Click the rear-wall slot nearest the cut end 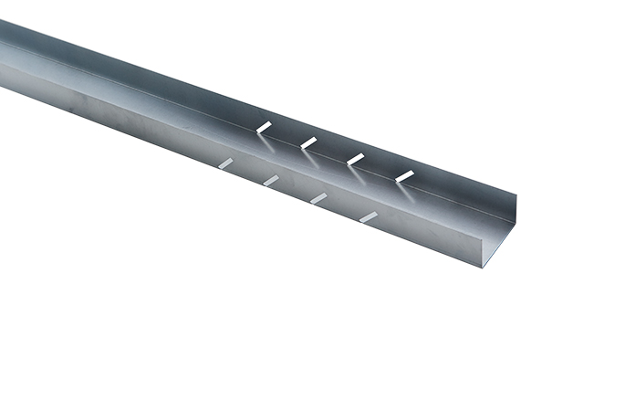click(404, 174)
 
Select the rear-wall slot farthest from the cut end click(264, 125)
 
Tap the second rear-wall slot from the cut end click(355, 159)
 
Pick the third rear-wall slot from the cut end click(308, 142)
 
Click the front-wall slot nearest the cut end click(368, 216)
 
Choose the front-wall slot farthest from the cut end click(224, 163)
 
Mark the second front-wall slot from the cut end click(318, 197)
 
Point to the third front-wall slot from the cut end click(271, 181)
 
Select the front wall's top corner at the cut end click(484, 229)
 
